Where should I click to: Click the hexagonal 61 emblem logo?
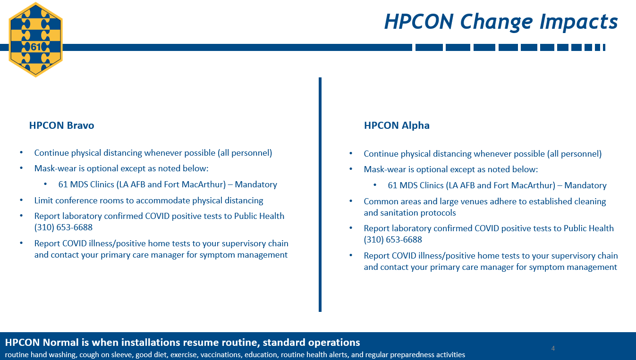pos(35,39)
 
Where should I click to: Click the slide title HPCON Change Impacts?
pos(500,22)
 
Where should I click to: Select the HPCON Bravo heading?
pos(61,126)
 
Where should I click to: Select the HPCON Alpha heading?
pos(397,126)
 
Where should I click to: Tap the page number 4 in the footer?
pos(553,349)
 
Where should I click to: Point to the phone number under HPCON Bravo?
pos(63,227)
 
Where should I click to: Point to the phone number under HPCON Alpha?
pos(393,240)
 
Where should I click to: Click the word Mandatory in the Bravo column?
pos(255,184)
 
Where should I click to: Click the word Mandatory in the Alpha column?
pos(585,185)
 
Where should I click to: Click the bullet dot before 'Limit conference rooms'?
pos(21,201)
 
